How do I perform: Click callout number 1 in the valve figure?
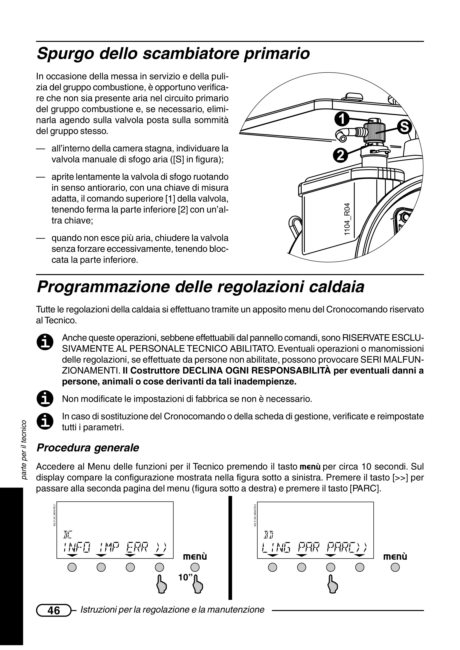coord(342,119)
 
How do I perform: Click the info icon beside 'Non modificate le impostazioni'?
coord(45,399)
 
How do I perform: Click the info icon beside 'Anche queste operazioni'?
coord(45,342)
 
